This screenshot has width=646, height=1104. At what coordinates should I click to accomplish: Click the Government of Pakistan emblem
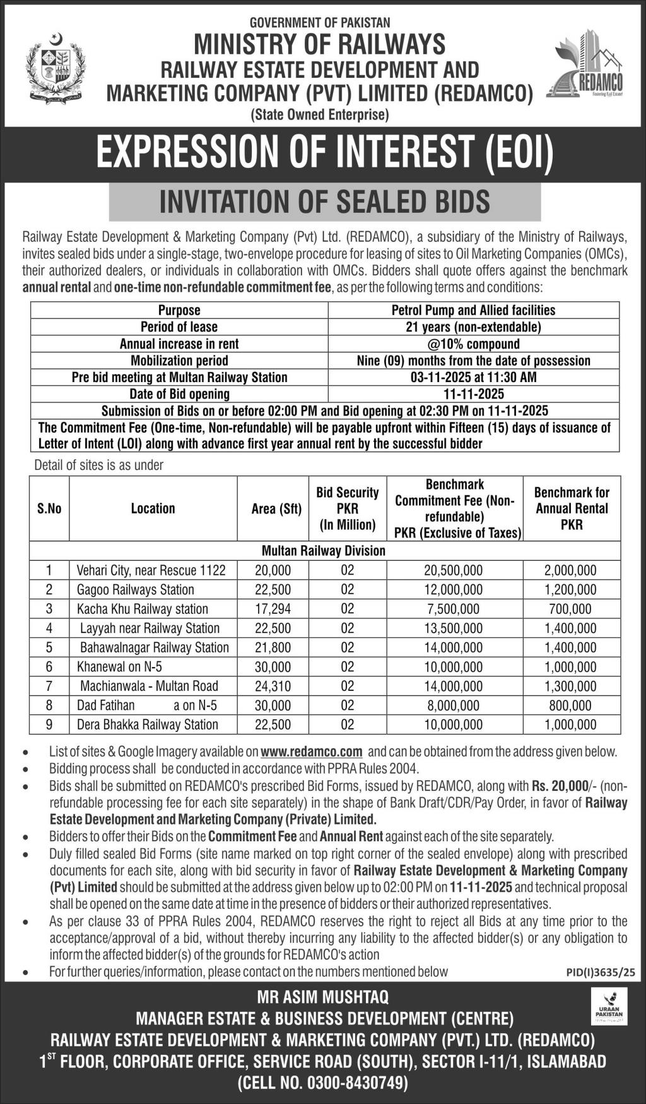point(56,68)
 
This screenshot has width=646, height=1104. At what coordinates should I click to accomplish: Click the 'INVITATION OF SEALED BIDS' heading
point(324,202)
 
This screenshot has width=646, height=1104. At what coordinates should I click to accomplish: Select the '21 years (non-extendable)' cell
point(473,327)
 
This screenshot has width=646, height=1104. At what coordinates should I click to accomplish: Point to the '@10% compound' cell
point(473,344)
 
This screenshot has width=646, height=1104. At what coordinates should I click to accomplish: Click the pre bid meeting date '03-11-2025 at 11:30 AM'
point(473,377)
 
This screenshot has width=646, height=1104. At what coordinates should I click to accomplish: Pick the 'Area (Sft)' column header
point(276,508)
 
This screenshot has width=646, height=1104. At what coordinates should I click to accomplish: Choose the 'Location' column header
point(153,508)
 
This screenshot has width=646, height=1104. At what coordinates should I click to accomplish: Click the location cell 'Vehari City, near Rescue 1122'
point(151,570)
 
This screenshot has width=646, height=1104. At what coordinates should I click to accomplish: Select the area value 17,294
point(273,609)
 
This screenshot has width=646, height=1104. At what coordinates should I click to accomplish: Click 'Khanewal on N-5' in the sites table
point(119,667)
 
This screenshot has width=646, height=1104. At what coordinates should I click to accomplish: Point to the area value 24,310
point(273,686)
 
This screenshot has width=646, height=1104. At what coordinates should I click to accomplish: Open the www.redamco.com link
point(311,752)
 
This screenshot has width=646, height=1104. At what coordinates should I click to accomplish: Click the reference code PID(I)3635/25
point(601,973)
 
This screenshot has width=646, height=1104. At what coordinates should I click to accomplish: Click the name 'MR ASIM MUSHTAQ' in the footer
point(322,997)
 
